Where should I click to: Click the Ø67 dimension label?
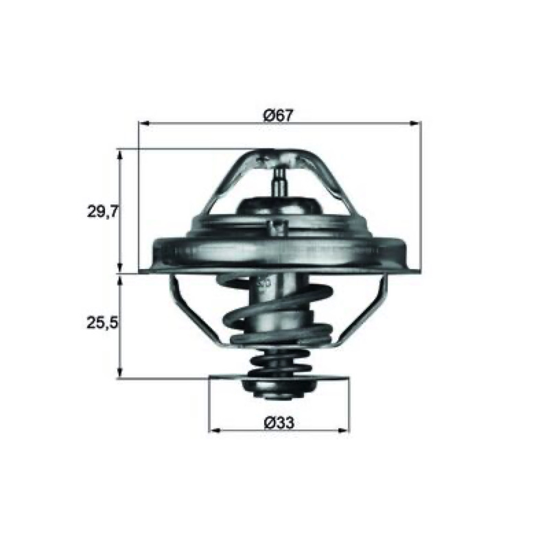[278, 115]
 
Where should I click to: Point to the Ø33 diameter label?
[279, 423]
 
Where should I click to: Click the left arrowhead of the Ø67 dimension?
[144, 124]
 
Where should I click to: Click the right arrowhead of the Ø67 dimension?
[416, 124]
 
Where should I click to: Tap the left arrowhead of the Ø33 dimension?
[214, 430]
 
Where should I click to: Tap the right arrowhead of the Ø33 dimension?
[344, 430]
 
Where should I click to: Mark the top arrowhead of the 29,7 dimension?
[121, 156]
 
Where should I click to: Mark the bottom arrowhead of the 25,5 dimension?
[121, 372]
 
